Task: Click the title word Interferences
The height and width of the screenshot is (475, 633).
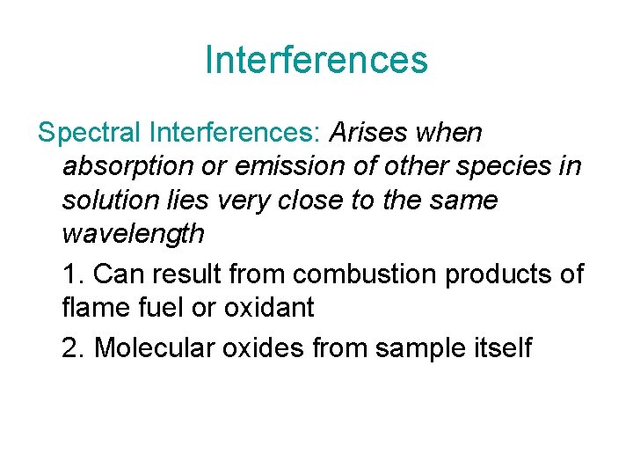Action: (316, 60)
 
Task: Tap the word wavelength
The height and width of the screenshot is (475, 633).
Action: (133, 234)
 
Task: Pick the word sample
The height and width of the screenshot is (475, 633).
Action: (420, 348)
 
